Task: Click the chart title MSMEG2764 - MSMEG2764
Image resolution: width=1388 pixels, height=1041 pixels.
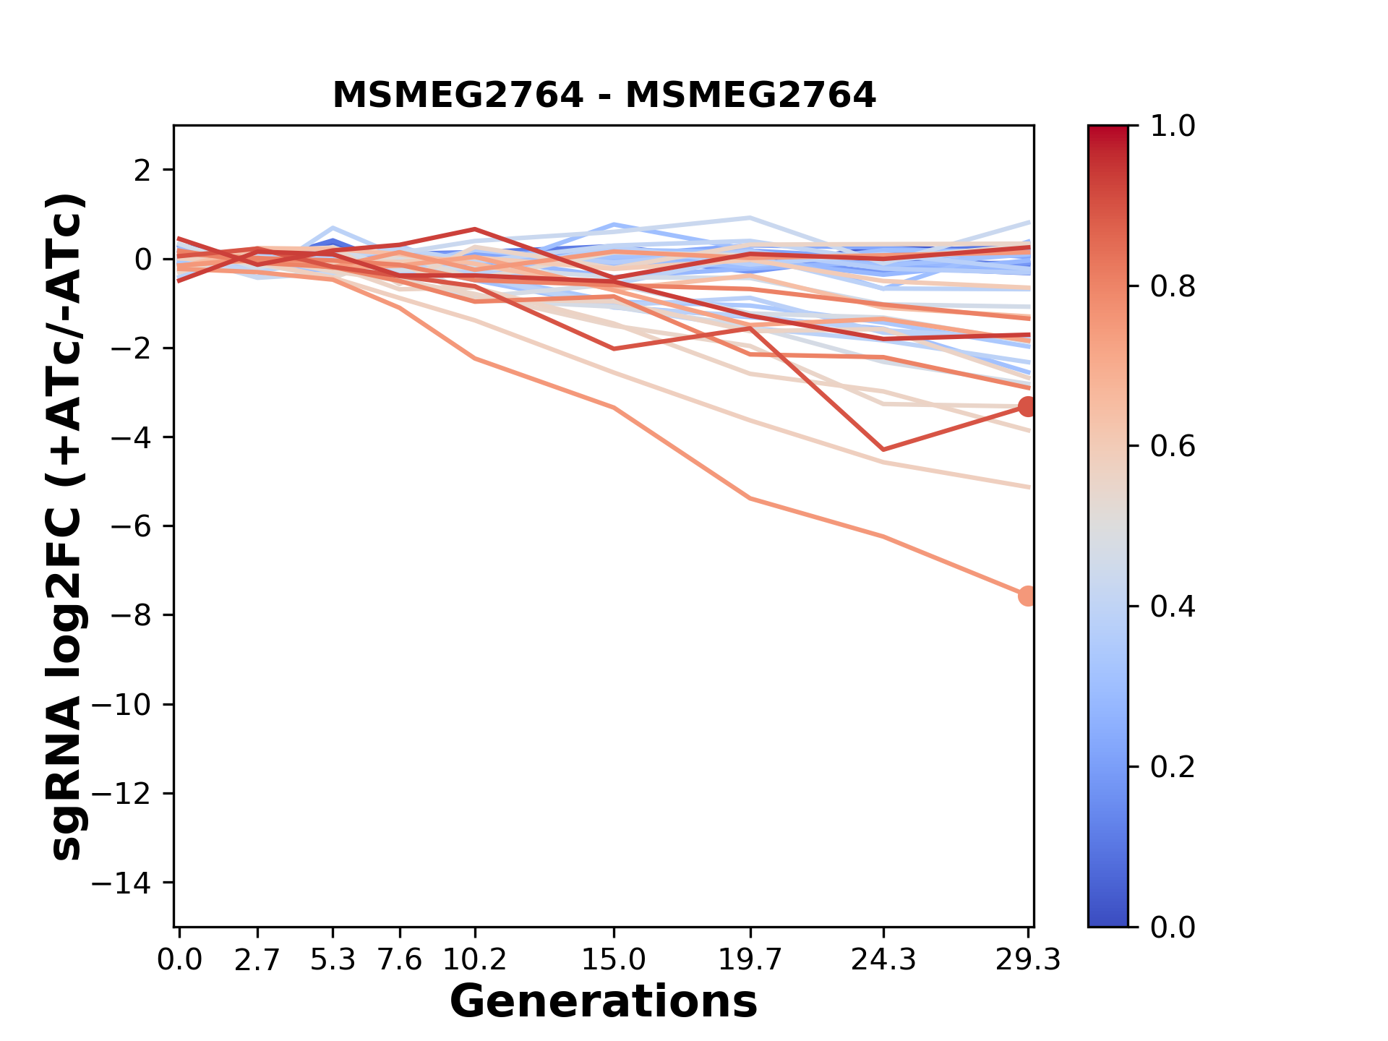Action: (604, 95)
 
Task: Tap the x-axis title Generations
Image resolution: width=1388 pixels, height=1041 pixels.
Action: (604, 1002)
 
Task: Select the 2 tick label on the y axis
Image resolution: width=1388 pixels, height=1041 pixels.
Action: (142, 171)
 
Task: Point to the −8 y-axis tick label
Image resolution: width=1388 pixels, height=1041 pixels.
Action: (130, 616)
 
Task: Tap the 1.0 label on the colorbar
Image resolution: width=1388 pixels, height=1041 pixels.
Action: (1173, 127)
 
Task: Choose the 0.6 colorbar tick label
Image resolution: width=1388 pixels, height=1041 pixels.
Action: (1173, 447)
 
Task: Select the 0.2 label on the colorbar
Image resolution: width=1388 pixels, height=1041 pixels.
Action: (1173, 767)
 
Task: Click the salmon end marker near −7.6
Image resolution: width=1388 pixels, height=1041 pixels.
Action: (1027, 596)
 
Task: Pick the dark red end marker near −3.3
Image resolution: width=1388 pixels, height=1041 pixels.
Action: (1027, 406)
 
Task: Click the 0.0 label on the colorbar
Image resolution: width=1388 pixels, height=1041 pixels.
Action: (1173, 928)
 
